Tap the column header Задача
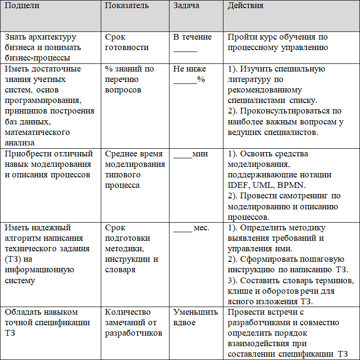[187, 6]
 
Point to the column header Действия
[245, 6]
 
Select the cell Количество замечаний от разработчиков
[135, 322]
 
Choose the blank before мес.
[182, 228]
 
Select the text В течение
[192, 37]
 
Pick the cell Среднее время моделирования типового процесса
[135, 169]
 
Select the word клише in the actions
[241, 291]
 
